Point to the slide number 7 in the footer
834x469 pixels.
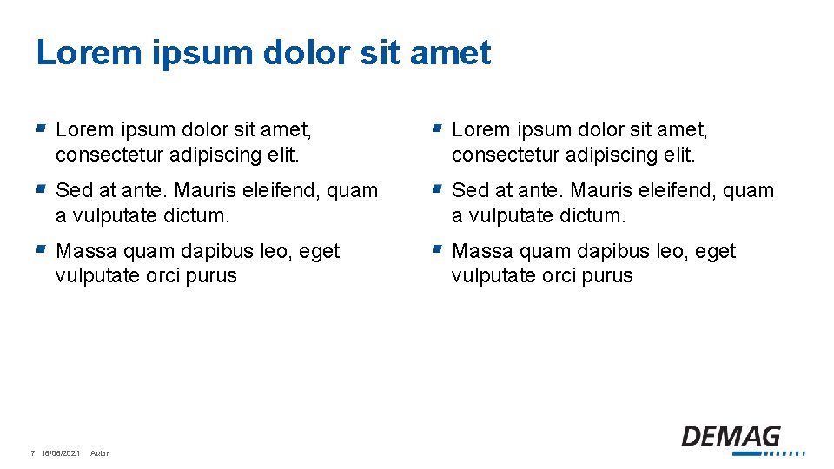(32, 453)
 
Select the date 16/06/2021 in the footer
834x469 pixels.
(61, 453)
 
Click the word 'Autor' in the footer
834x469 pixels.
(99, 453)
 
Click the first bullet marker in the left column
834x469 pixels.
(40, 128)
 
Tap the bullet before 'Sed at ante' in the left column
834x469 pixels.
(40, 188)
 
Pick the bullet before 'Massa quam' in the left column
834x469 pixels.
(40, 249)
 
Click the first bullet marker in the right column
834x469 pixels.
(437, 128)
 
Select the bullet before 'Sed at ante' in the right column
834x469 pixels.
(437, 188)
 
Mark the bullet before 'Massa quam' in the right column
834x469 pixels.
(437, 249)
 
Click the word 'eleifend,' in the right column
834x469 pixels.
(675, 190)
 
